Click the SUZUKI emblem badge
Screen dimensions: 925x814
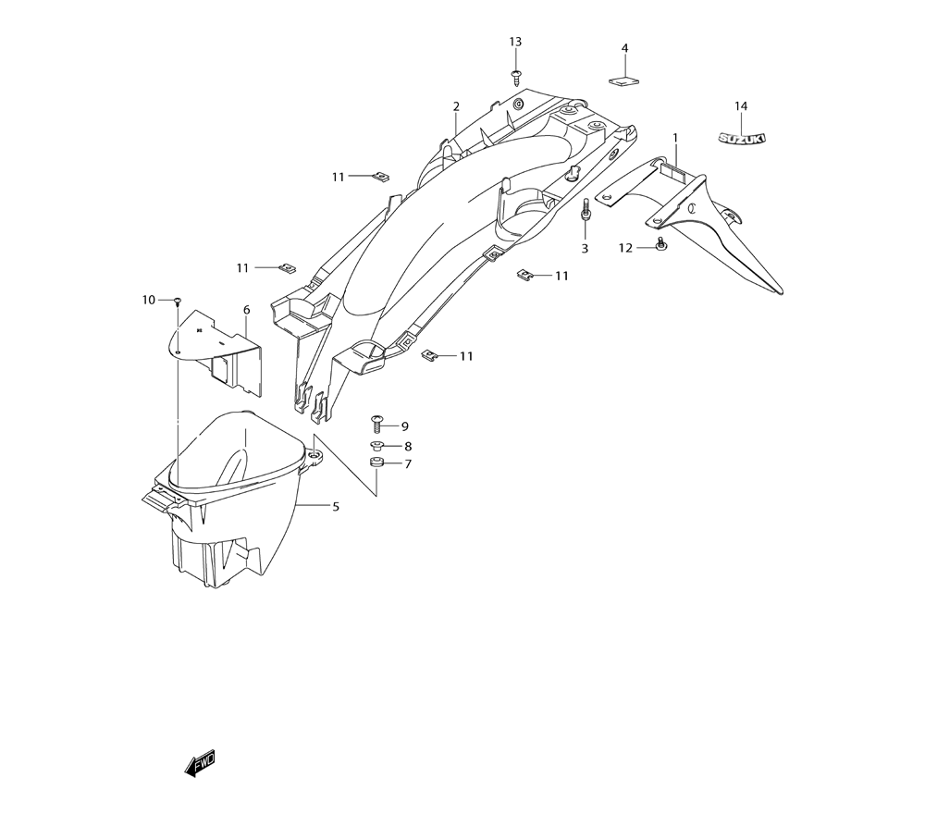pyautogui.click(x=742, y=138)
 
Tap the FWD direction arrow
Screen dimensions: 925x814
pyautogui.click(x=200, y=764)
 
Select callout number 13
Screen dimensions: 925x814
pyautogui.click(x=515, y=42)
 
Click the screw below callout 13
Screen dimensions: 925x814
pyautogui.click(x=517, y=76)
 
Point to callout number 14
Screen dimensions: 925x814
pyautogui.click(x=741, y=106)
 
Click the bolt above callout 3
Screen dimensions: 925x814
pyautogui.click(x=585, y=210)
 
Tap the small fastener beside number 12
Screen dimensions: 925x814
pyautogui.click(x=661, y=243)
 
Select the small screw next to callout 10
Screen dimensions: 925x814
pyautogui.click(x=177, y=302)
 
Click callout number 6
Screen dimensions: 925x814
pyautogui.click(x=247, y=310)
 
